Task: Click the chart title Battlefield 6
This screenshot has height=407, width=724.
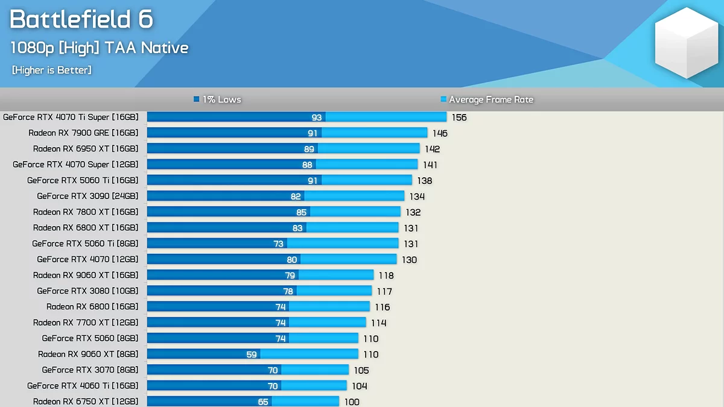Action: coord(81,20)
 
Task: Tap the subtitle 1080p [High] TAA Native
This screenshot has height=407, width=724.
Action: coord(100,48)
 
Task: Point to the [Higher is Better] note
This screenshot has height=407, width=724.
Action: coord(52,71)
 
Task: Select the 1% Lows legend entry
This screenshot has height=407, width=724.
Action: coord(218,99)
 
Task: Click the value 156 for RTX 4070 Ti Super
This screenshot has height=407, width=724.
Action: coord(459,118)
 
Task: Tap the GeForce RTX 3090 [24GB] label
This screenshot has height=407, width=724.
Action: coord(87,196)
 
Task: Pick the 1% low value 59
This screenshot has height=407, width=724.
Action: coord(252,355)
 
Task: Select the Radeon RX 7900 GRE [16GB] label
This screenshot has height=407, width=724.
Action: coord(83,133)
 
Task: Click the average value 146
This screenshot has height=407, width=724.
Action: coord(440,133)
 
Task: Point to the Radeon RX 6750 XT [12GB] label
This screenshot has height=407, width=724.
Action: coord(86,402)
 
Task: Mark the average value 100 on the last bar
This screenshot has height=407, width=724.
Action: coord(352,402)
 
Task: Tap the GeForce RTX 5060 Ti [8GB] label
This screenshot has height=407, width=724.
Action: coord(85,244)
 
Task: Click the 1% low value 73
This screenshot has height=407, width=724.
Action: coord(278,244)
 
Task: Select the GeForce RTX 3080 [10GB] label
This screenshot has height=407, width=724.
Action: coord(87,291)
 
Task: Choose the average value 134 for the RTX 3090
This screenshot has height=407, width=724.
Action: coord(417,197)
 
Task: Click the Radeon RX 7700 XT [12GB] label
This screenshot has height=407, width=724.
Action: coord(86,323)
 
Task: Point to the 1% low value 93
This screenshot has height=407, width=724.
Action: coord(317,118)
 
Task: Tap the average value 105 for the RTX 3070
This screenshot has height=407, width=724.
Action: coord(361,370)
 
